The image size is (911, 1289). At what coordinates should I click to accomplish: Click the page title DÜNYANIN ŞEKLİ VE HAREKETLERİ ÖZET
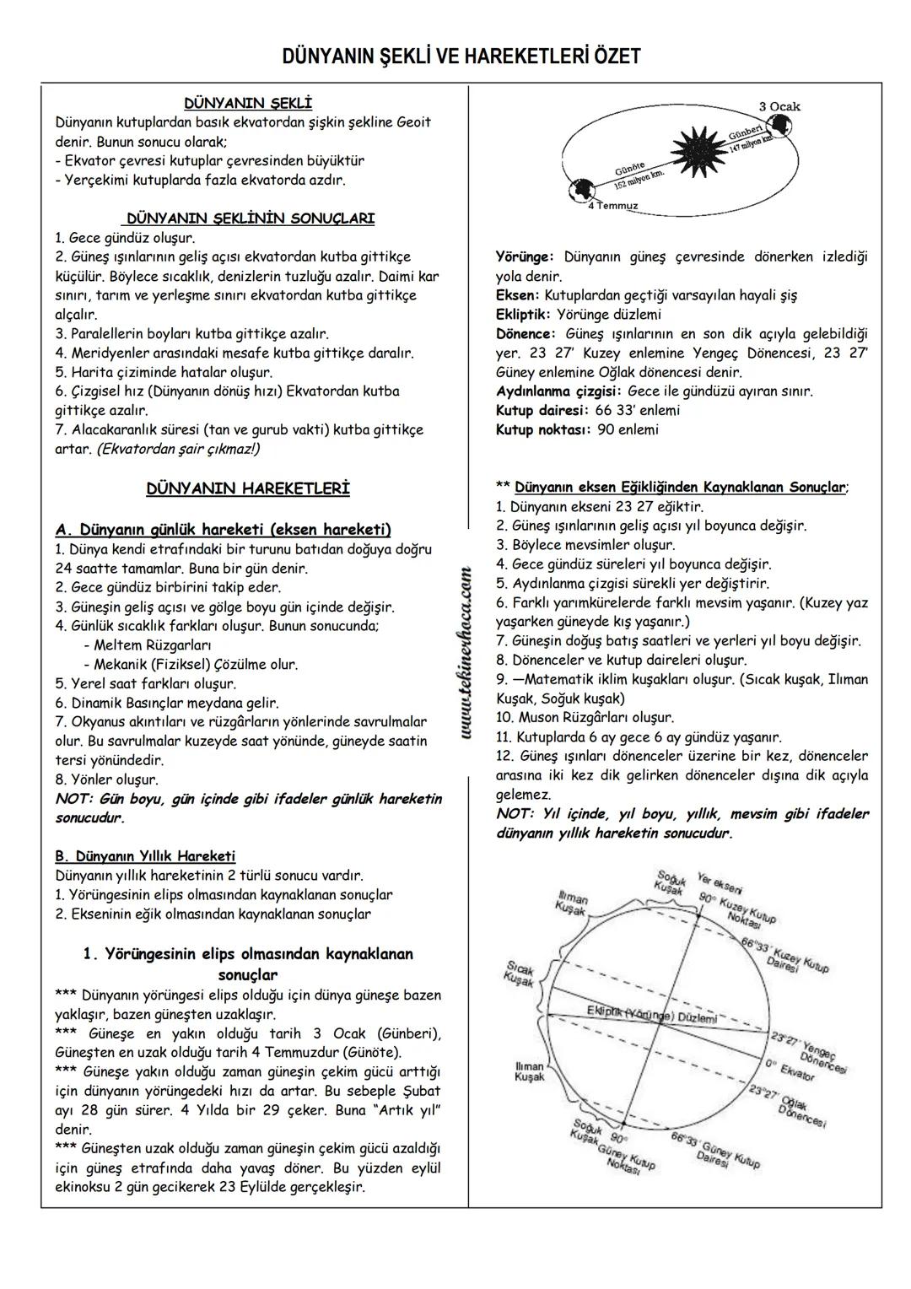[x=461, y=57]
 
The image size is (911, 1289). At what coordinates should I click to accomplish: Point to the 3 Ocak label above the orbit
[x=779, y=106]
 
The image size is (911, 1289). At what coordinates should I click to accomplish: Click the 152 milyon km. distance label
[x=639, y=178]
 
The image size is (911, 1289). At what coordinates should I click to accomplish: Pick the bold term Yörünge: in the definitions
[x=525, y=256]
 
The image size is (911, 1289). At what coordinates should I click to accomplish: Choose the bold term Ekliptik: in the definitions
[x=523, y=315]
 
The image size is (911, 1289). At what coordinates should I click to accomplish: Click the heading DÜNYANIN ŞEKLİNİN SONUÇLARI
[x=251, y=218]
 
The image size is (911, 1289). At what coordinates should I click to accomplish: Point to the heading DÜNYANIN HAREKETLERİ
[x=248, y=488]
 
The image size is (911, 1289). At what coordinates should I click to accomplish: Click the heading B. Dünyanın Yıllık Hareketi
[x=145, y=856]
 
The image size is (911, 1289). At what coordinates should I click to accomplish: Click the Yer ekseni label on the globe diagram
[x=720, y=886]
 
